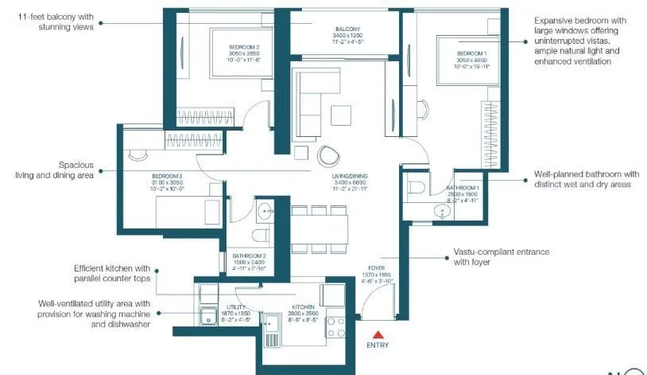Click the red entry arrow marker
point(378,334)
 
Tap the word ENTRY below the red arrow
point(378,346)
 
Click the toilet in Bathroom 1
point(415,188)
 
